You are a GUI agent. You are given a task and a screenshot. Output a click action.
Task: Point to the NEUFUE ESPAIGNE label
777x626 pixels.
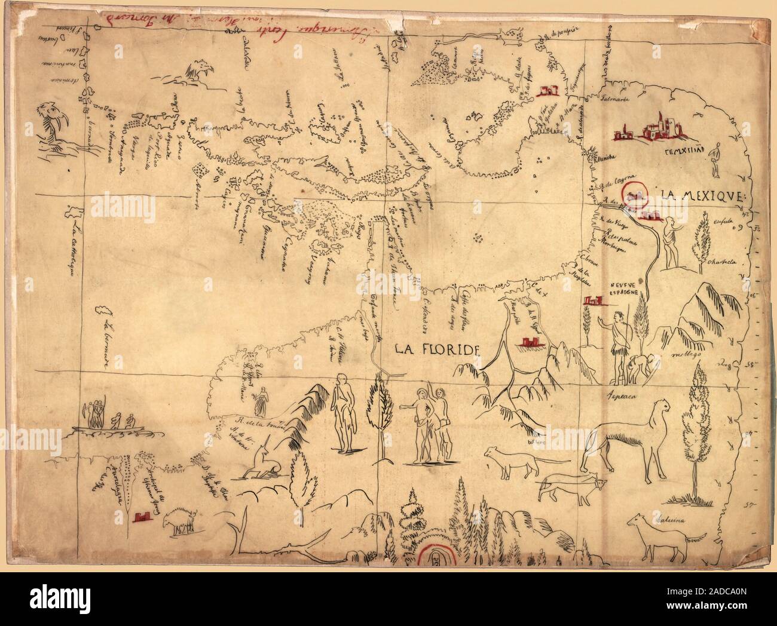coord(626,289)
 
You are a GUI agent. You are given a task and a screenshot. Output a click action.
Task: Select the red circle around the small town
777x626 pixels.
coord(634,194)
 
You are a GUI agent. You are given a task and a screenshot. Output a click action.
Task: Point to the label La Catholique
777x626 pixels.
coord(75,251)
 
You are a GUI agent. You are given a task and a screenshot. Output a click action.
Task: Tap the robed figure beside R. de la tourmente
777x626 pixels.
coord(261,402)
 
